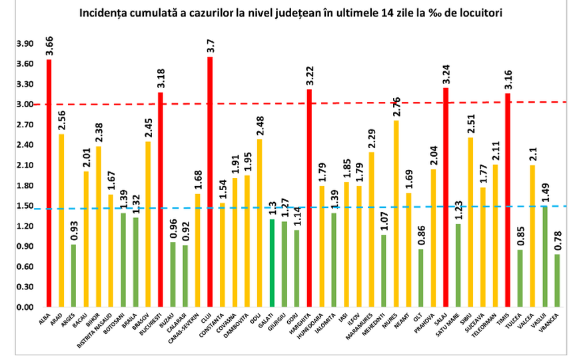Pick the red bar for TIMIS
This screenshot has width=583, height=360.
(x=508, y=200)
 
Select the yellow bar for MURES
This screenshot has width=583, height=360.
(x=396, y=213)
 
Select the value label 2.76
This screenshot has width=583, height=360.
(x=396, y=105)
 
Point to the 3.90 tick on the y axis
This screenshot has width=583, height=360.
(x=25, y=44)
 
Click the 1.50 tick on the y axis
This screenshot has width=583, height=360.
(x=25, y=206)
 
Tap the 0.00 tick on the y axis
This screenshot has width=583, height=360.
(x=25, y=308)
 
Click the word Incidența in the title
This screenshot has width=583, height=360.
(x=103, y=12)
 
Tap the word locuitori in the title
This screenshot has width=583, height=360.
(x=480, y=12)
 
